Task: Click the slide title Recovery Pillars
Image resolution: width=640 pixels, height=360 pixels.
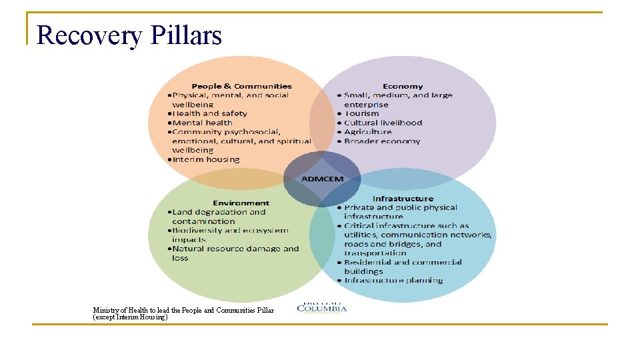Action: tap(129, 35)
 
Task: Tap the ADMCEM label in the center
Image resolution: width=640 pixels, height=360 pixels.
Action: tap(322, 179)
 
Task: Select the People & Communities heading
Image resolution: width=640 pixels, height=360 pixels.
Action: tap(241, 86)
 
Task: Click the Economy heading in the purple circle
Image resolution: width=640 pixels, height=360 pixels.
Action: tap(402, 86)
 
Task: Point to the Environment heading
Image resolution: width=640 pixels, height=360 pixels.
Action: tap(241, 203)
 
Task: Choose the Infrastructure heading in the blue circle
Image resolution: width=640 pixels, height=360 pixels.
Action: tap(402, 199)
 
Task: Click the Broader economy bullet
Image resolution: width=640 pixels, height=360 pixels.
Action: tap(382, 141)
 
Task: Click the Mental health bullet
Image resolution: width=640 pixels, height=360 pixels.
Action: tap(202, 123)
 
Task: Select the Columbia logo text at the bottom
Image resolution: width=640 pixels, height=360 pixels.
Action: tap(321, 308)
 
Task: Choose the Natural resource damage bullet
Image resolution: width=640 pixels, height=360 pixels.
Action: tap(235, 249)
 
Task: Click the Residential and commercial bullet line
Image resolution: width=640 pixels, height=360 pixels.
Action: tap(403, 262)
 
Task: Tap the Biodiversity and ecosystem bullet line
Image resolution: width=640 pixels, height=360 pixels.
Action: tap(230, 231)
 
